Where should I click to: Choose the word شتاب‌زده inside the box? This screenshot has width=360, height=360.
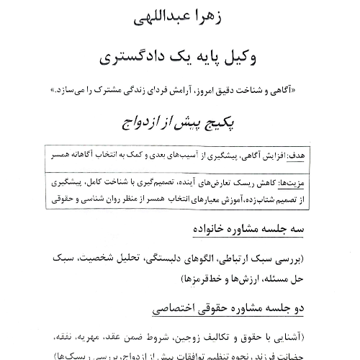pyautogui.click(x=258, y=193)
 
